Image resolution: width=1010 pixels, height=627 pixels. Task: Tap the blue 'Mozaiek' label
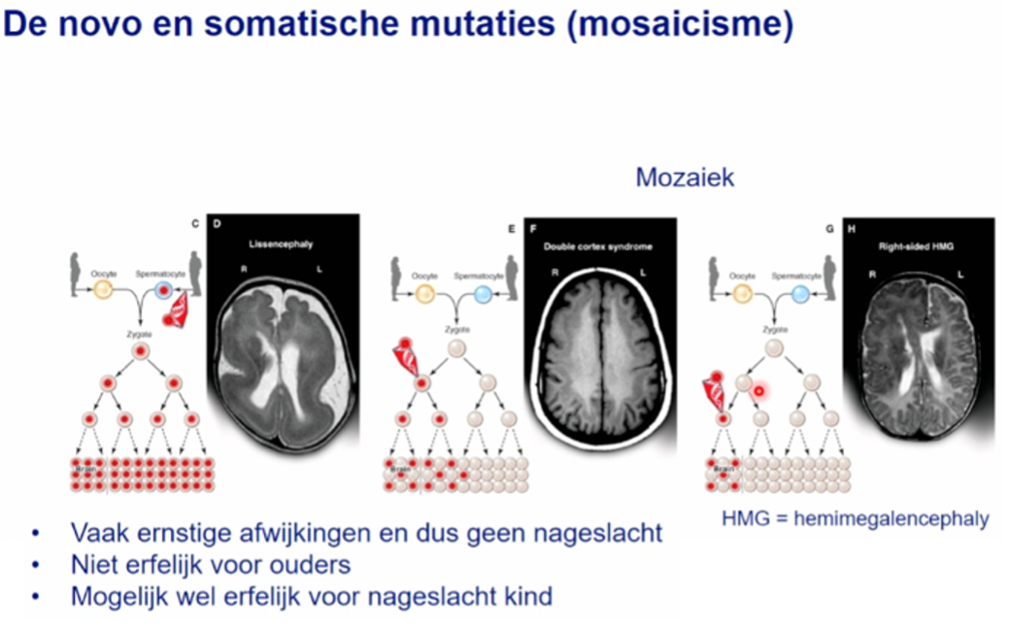[x=685, y=178]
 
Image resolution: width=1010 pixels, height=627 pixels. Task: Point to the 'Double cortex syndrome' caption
[x=598, y=247]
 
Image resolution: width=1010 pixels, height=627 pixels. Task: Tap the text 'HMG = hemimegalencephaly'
[x=856, y=517]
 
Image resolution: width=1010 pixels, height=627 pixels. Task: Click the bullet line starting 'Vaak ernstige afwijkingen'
[x=366, y=533]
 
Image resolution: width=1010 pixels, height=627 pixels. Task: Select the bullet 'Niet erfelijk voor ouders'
[x=211, y=564]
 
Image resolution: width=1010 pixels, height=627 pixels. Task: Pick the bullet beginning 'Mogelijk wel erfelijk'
[x=311, y=595]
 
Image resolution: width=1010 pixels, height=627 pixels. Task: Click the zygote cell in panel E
[x=455, y=349]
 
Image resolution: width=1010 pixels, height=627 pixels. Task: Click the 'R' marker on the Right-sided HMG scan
[x=873, y=275]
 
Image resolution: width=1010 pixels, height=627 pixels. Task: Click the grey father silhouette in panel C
[x=195, y=274]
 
